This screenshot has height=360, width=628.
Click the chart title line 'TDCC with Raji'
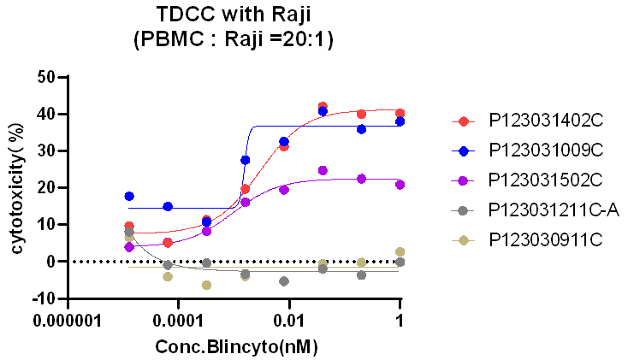coord(234,15)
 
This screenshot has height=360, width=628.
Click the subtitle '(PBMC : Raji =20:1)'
coord(234,38)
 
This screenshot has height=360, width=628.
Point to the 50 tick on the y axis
coord(45,77)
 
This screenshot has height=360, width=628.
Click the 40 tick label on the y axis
coord(45,114)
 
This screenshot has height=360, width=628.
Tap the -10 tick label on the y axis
coord(42,298)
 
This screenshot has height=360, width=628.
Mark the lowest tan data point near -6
coord(206,285)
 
